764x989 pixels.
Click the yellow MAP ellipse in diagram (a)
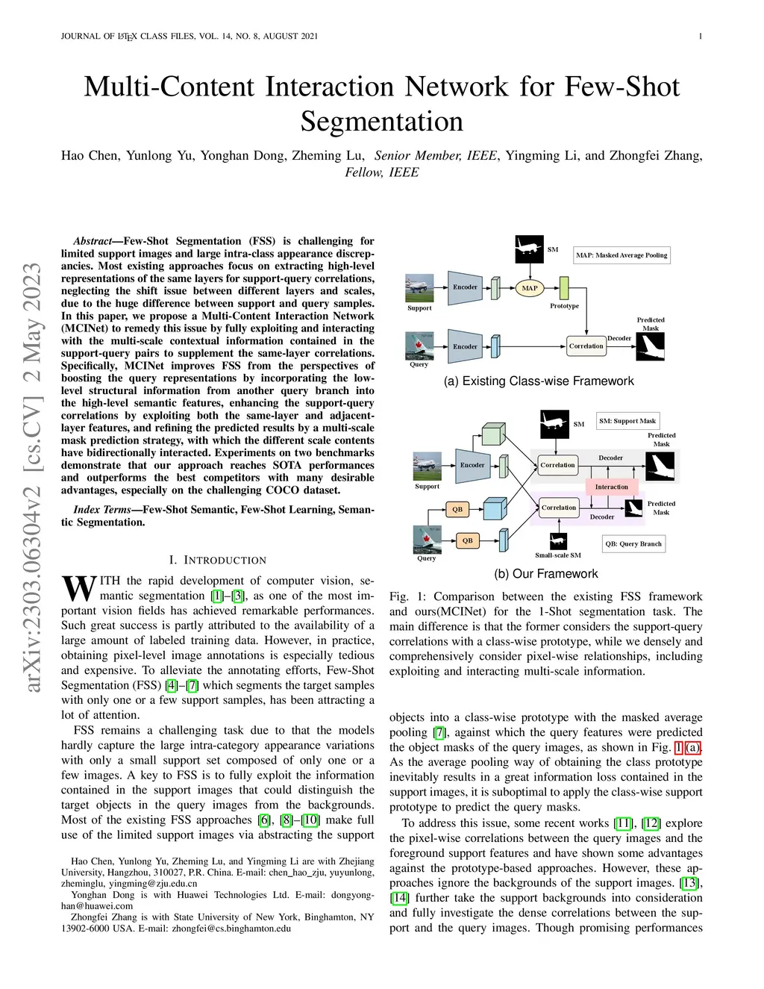[529, 287]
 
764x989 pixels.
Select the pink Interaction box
[611, 487]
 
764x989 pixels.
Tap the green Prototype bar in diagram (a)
[564, 288]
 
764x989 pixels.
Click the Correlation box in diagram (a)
[586, 346]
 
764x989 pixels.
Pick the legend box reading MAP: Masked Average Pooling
[621, 255]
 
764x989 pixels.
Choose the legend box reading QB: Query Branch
[633, 543]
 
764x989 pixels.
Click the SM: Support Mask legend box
[627, 421]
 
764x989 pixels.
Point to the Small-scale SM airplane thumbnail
[557, 541]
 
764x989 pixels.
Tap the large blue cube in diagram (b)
[495, 509]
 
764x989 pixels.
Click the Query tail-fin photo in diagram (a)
[419, 346]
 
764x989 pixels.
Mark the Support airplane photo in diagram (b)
[428, 467]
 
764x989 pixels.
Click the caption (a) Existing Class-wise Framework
[539, 381]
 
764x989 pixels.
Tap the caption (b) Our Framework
[546, 573]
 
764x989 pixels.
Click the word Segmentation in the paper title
[382, 121]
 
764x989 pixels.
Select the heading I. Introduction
[218, 560]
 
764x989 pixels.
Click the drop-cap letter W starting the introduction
[78, 588]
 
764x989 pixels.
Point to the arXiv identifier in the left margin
[32, 478]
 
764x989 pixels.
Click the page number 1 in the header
[701, 36]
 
